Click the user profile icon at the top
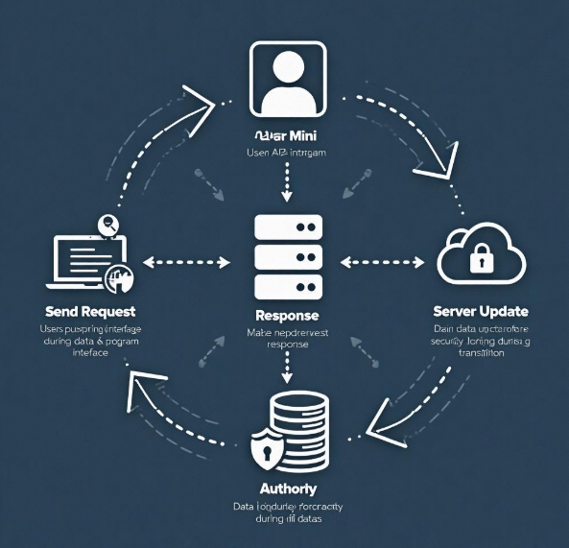pyautogui.click(x=288, y=78)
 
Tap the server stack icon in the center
pyautogui.click(x=288, y=256)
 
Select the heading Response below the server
pyautogui.click(x=287, y=316)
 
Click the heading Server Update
pyautogui.click(x=481, y=313)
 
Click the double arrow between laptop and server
pyautogui.click(x=188, y=260)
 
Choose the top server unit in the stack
pyautogui.click(x=288, y=228)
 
